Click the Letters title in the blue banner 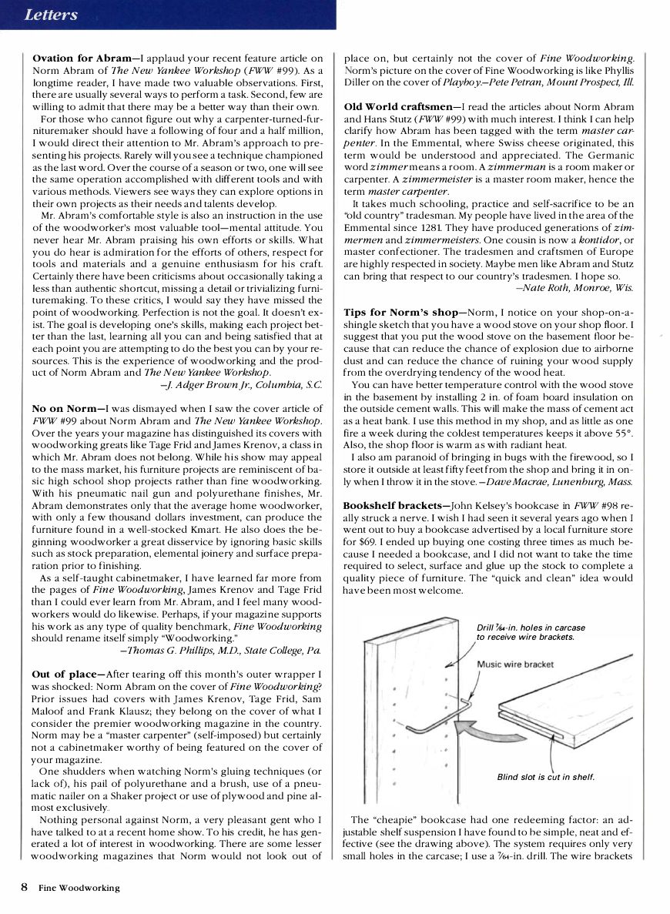pos(51,15)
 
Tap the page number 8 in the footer pos(25,887)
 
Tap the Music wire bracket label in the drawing pos(514,665)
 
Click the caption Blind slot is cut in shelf pos(545,777)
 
